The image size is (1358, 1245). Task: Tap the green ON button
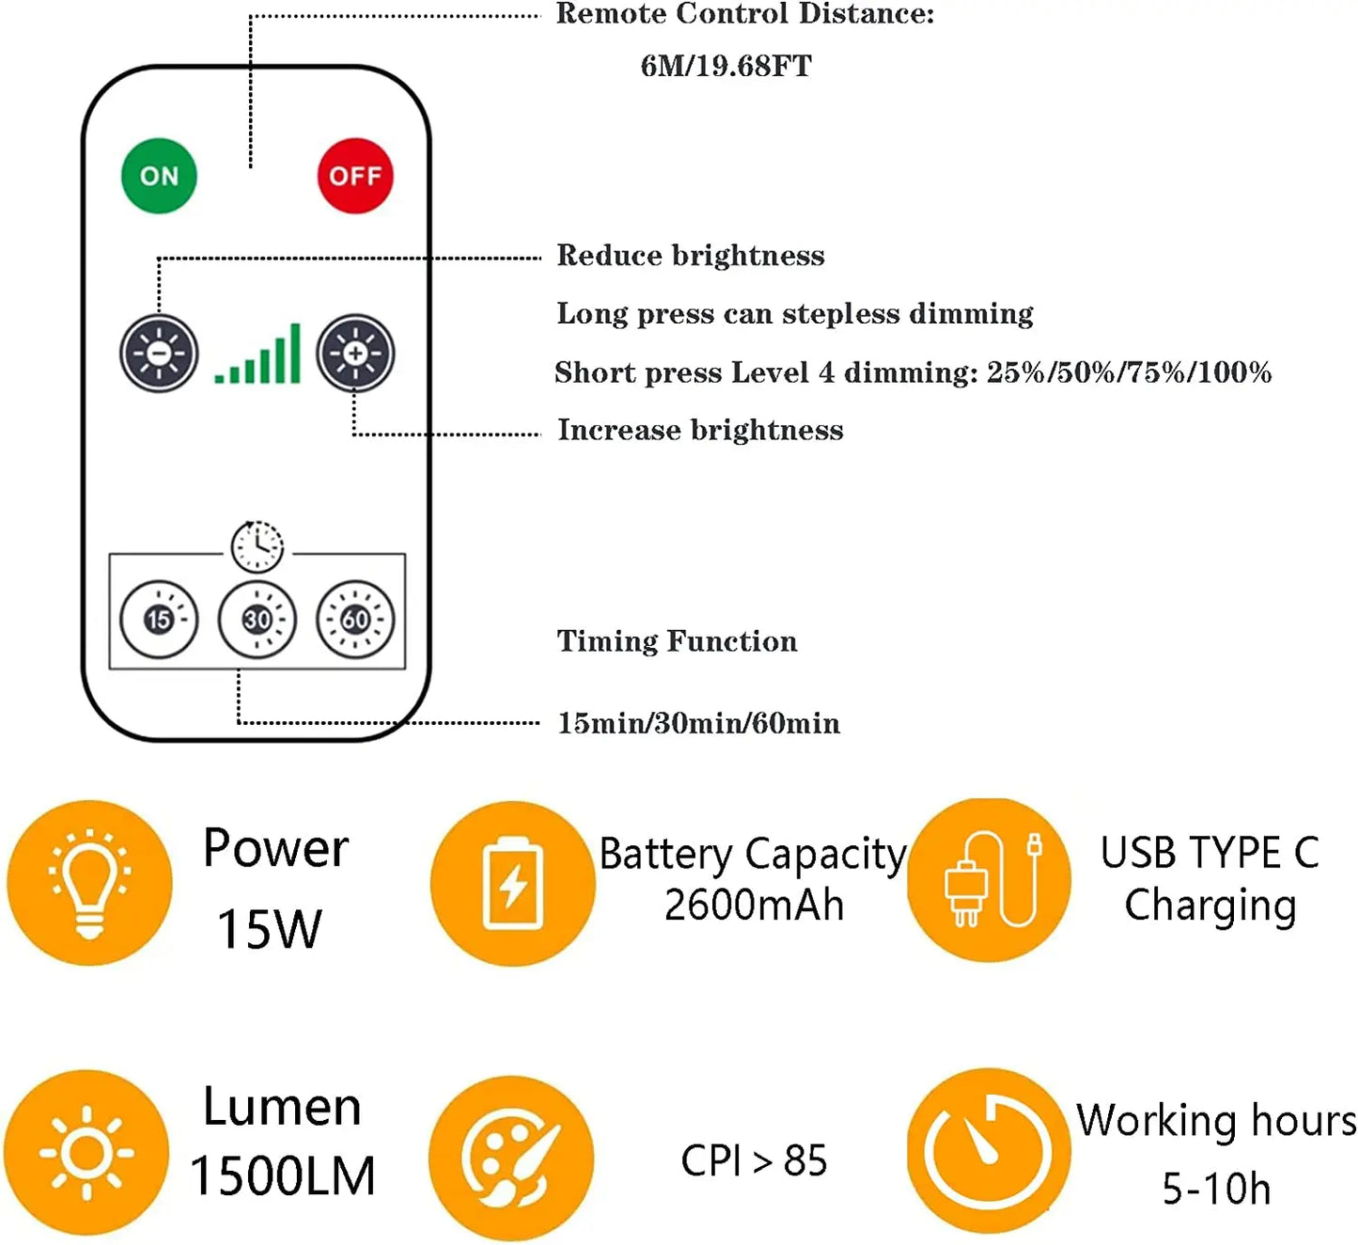[x=159, y=176]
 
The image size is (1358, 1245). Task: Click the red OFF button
[x=355, y=176]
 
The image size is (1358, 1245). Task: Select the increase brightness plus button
[x=355, y=354]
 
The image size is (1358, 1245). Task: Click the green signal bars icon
[x=258, y=355]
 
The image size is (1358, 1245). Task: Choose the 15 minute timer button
[x=159, y=619]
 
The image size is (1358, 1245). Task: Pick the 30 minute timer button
[x=258, y=619]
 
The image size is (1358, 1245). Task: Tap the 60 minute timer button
[x=355, y=619]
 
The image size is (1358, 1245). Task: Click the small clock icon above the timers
[x=258, y=545]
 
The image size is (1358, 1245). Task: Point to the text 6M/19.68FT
[x=726, y=66]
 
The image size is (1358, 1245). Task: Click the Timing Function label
[x=677, y=641]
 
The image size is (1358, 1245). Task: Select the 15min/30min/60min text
[x=698, y=723]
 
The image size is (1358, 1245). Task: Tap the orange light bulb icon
[x=89, y=882]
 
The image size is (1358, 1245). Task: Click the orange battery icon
[x=512, y=883]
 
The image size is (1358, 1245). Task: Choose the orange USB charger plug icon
[x=989, y=880]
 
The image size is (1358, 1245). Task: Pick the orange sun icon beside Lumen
[x=86, y=1152]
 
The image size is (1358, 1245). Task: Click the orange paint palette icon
[x=511, y=1158]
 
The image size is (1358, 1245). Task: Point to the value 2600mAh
[x=754, y=906]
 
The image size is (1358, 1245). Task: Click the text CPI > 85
[x=754, y=1160]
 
